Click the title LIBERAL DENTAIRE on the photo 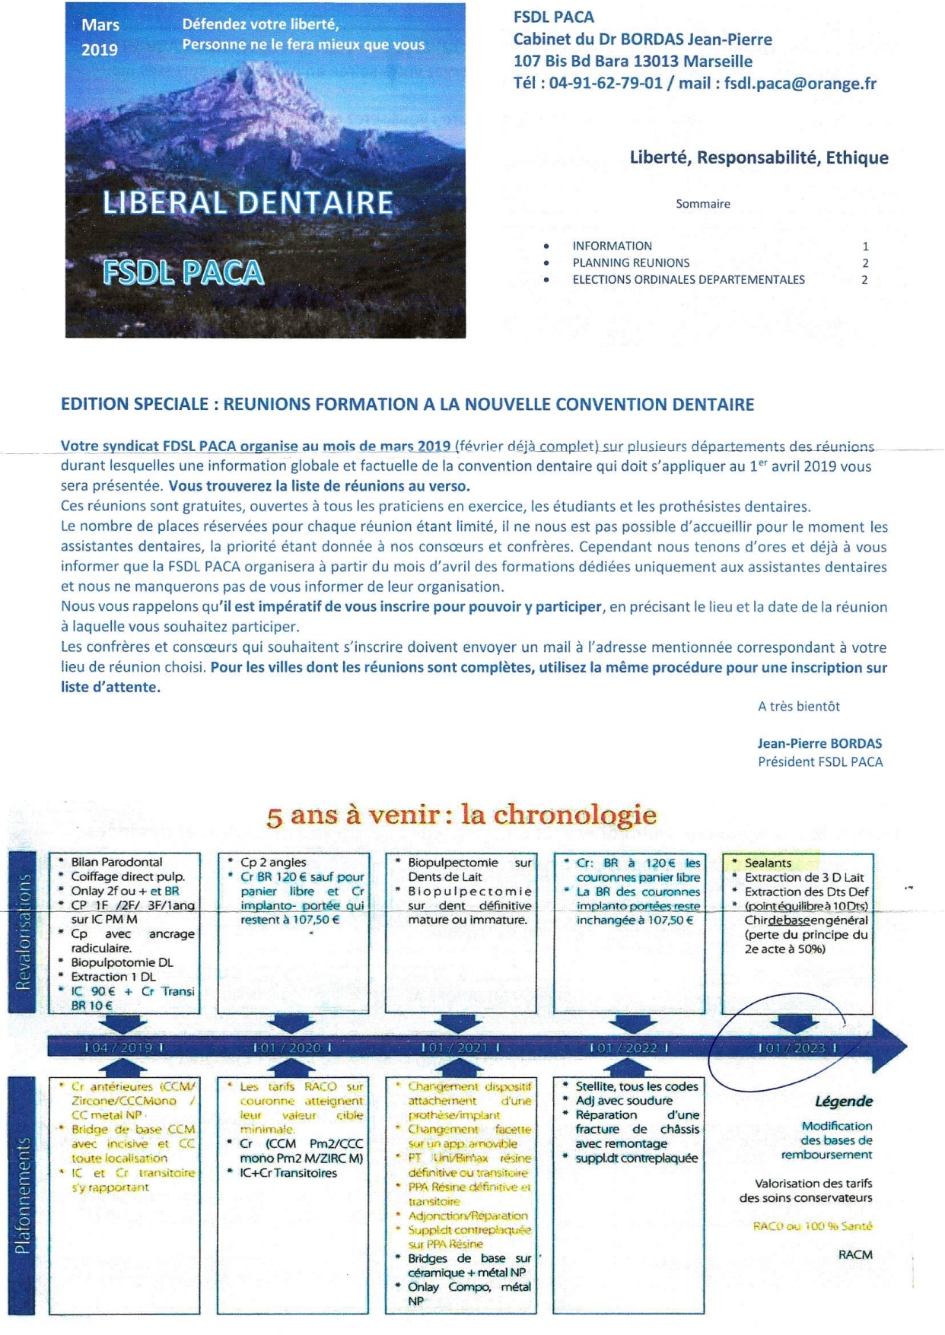248,203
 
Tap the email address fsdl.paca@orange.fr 800,84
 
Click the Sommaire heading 702,204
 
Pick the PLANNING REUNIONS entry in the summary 631,263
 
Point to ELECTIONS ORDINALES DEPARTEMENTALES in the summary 688,280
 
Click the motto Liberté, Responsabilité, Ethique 759,157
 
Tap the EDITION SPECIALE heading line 407,405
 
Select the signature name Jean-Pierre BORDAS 819,744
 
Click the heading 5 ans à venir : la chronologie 461,815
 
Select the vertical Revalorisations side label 24,932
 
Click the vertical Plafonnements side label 24,1195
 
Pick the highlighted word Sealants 768,863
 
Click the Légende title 843,1101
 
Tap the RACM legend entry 855,1254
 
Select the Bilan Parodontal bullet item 116,862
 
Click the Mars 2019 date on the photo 100,37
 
